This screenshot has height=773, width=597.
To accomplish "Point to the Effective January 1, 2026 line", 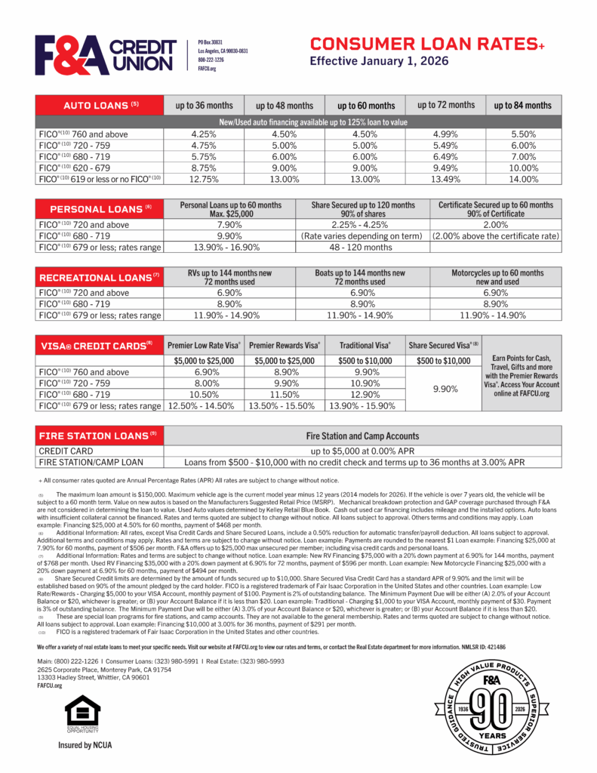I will (380, 61).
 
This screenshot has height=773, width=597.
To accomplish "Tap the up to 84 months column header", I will (522, 105).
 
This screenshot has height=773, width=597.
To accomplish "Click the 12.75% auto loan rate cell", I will (204, 179).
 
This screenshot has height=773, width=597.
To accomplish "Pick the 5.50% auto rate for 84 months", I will (522, 134).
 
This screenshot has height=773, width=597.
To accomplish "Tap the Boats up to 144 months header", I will (361, 276).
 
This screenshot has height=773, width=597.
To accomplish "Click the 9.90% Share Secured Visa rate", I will (442, 388).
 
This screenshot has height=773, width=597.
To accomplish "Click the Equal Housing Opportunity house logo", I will (82, 713).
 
